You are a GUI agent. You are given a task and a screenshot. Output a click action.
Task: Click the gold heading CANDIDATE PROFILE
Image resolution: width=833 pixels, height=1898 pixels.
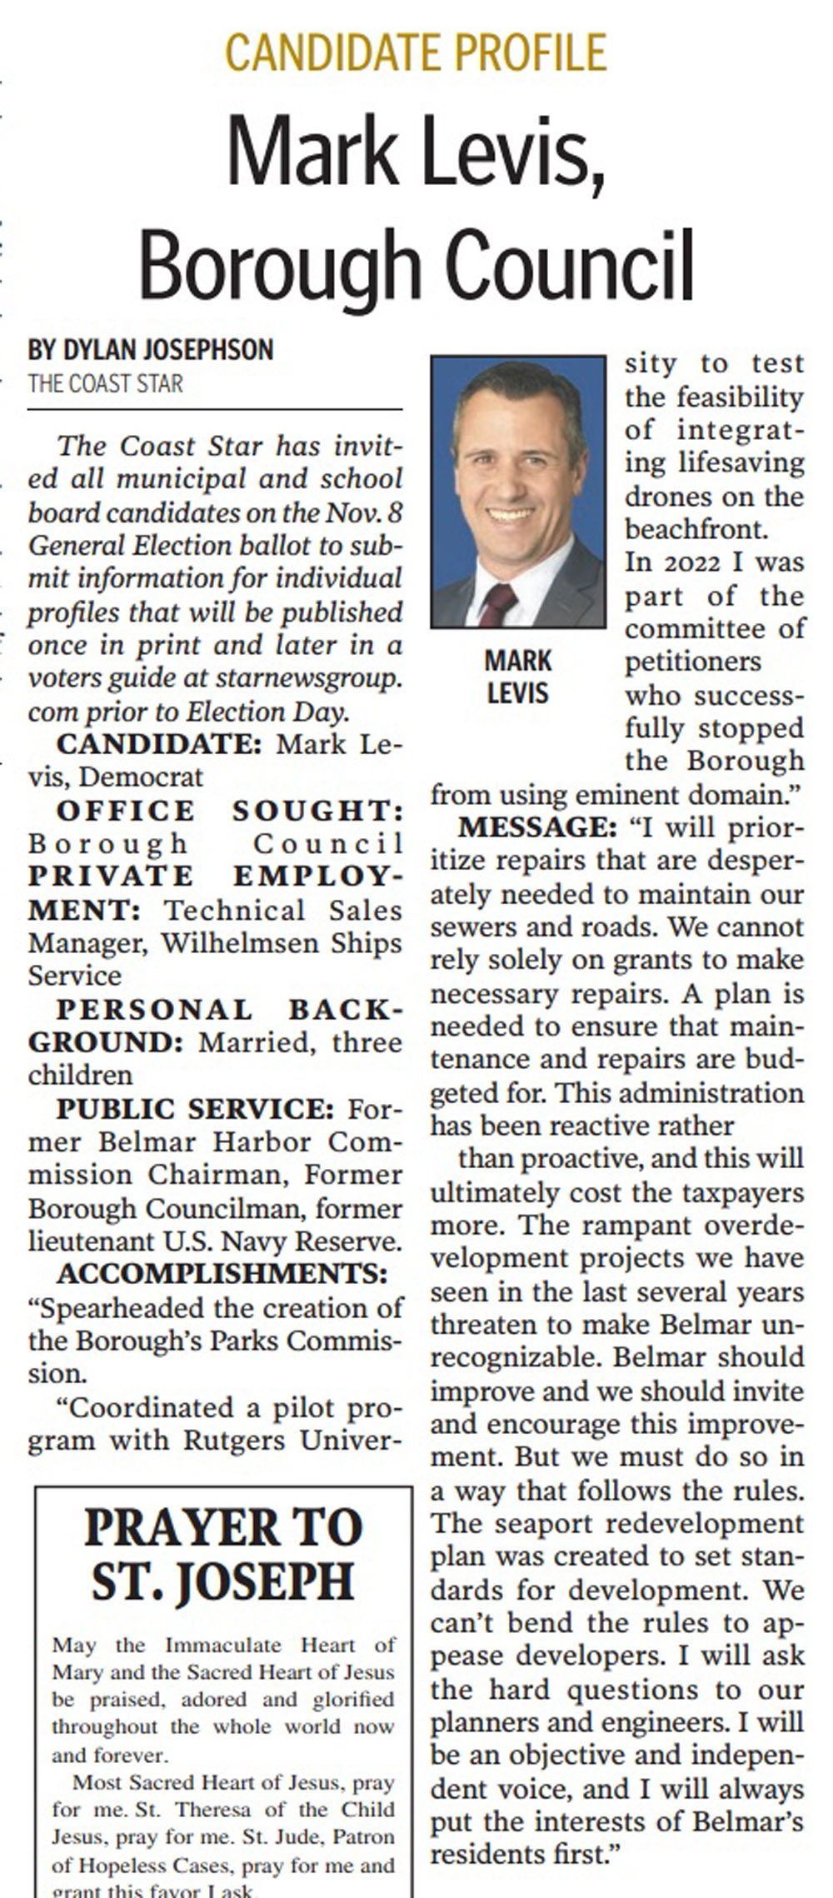[416, 52]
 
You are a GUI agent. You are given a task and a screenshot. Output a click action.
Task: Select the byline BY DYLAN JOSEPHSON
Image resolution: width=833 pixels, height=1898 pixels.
[151, 350]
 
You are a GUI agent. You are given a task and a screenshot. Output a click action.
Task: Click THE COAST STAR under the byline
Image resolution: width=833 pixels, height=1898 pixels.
[105, 384]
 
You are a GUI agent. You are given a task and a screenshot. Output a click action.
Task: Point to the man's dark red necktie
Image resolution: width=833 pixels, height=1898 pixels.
[496, 603]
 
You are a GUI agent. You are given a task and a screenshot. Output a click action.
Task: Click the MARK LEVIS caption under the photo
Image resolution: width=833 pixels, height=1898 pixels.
[517, 677]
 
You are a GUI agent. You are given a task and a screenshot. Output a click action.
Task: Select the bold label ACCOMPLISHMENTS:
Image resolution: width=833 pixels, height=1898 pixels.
[222, 1274]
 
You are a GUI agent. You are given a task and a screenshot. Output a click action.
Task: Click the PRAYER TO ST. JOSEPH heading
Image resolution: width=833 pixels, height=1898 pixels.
[223, 1554]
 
